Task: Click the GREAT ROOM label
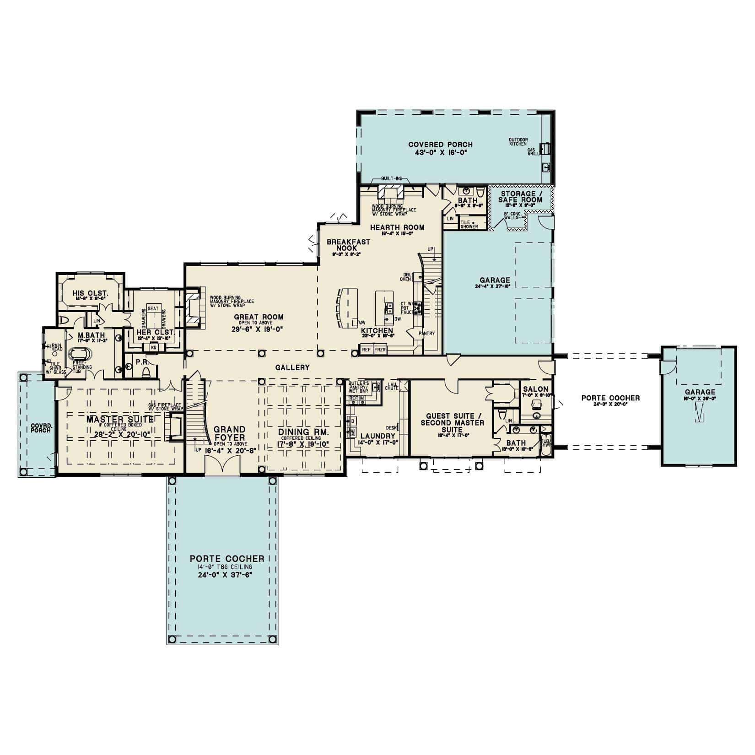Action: coord(259,317)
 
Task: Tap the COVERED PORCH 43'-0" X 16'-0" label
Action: coord(440,145)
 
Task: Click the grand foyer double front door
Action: coord(222,467)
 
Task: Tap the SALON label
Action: coord(535,389)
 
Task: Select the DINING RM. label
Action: coord(303,432)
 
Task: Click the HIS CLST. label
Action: coord(90,293)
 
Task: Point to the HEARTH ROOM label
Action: coord(397,227)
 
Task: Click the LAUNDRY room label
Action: coord(377,436)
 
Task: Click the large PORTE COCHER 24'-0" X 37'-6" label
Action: coord(227,558)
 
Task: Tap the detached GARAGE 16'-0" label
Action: coord(700,392)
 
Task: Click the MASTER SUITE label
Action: coord(120,420)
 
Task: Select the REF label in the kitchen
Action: coord(366,349)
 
